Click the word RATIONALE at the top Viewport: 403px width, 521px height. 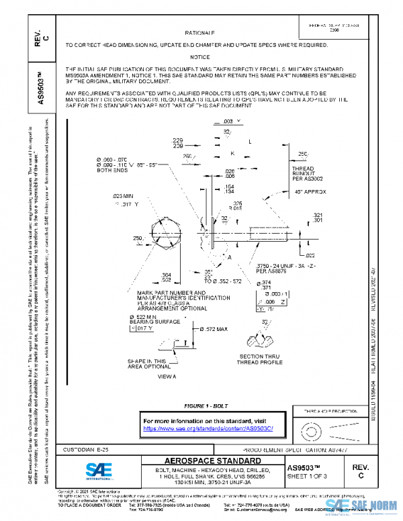(199, 33)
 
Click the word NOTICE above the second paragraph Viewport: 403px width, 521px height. (199, 57)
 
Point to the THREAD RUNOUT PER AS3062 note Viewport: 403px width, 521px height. (308, 174)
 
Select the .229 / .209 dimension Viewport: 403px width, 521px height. (178, 143)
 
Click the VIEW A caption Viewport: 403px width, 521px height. (166, 377)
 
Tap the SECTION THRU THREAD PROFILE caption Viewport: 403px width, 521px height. (260, 359)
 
